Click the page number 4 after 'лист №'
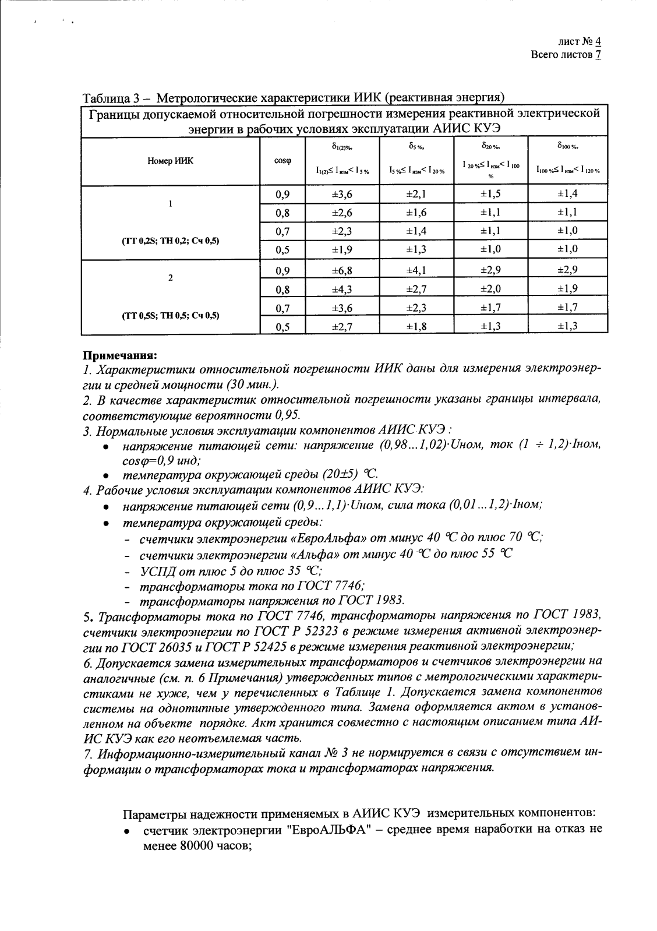coord(598,42)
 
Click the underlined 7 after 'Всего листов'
coord(598,55)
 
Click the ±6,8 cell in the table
coord(341,270)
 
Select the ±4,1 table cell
coord(416,270)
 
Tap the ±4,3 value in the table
coord(341,289)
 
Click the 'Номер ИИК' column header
coord(170,161)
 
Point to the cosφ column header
coord(282,161)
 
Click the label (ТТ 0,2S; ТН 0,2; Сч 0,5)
coord(170,240)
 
